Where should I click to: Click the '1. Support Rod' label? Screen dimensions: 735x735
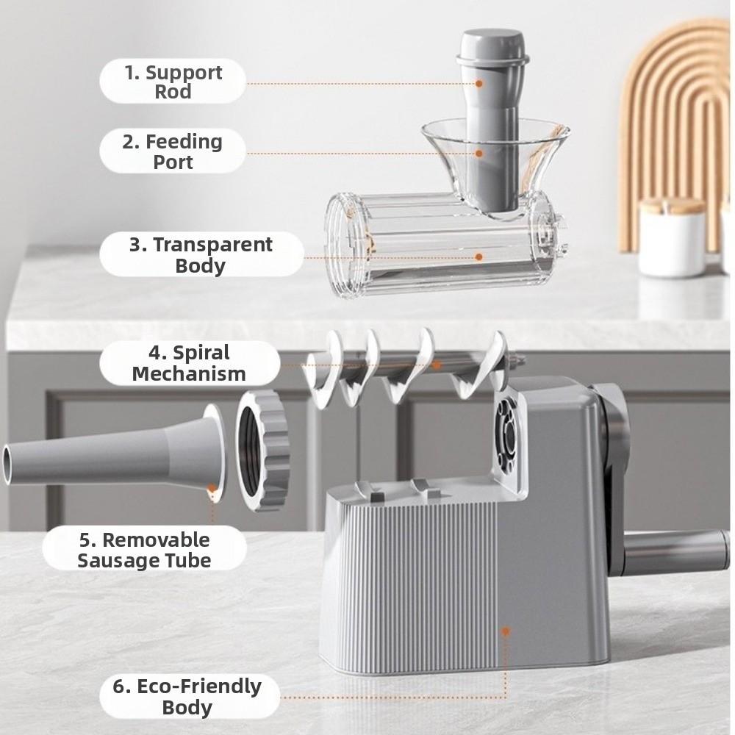173,82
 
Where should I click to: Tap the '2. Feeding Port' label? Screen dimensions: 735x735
173,151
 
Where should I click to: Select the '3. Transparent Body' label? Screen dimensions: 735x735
201,254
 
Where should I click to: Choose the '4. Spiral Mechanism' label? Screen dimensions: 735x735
189,362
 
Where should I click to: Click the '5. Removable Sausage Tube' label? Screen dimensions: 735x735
145,549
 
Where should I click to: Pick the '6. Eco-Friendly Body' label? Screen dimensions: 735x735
187,696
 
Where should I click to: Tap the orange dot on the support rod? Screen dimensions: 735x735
479,84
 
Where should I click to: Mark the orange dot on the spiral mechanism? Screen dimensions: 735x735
437,363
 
